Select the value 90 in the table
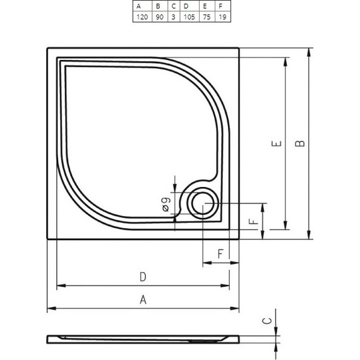coord(159,17)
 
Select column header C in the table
coord(172,6)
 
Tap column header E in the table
coord(205,6)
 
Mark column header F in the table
coord(220,6)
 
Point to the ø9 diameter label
coord(165,203)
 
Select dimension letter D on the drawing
coord(143,277)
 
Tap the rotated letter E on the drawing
coord(276,144)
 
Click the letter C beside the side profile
coord(267,321)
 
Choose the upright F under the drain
coord(220,254)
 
